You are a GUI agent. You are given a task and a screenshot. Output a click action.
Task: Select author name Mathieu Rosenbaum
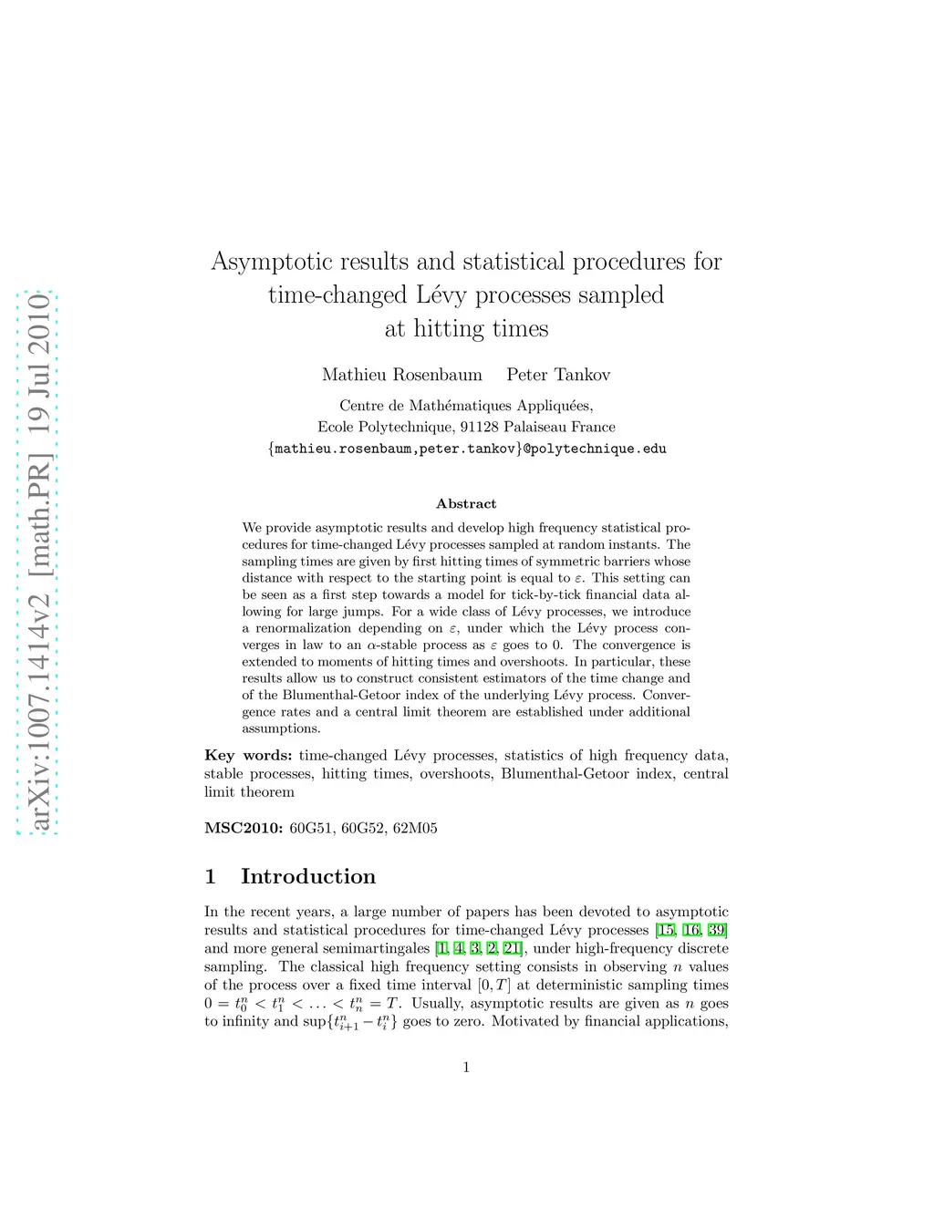coord(401,375)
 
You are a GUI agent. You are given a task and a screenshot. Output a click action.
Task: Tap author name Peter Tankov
coord(558,375)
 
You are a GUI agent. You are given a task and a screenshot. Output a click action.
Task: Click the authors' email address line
coord(466,449)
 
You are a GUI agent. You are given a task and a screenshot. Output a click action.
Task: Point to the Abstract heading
coord(466,503)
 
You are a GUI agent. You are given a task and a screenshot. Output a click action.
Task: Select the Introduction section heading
coord(307,876)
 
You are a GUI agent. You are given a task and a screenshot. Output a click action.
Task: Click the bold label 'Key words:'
coord(248,755)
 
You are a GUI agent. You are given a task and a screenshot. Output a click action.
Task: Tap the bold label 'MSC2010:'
coord(244,828)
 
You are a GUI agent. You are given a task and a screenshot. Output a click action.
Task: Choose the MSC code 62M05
coord(415,828)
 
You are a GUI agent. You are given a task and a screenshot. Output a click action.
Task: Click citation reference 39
coord(718,930)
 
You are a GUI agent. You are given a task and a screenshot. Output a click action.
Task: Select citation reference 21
coord(511,948)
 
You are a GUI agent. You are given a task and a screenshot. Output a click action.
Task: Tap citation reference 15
coord(665,930)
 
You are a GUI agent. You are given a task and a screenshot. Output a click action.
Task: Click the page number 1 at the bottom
coord(466,1067)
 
